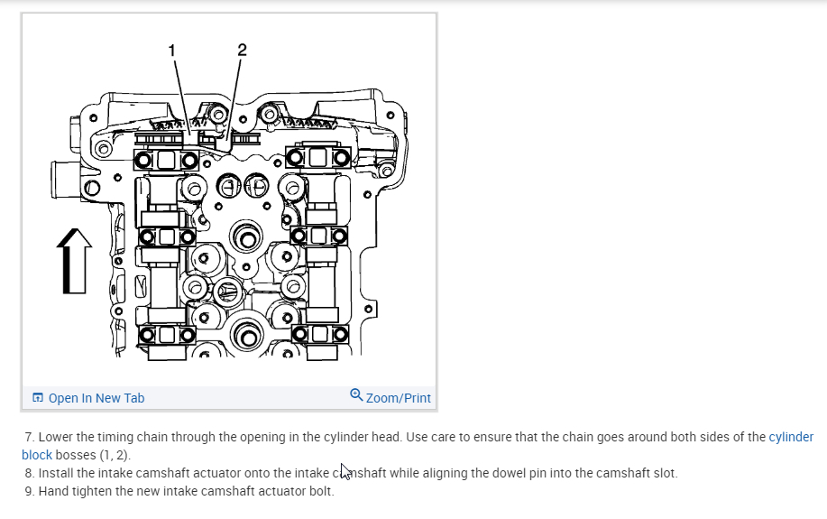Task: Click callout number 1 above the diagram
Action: (172, 50)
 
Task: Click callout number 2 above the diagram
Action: (242, 50)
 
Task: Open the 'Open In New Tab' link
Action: (96, 398)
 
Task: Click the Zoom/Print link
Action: (398, 398)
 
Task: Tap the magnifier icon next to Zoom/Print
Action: (356, 395)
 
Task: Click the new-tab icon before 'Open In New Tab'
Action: (38, 398)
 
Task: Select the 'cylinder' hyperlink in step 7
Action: (791, 437)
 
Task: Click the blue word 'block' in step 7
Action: (37, 455)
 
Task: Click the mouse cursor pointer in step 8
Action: (345, 471)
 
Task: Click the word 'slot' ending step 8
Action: (663, 473)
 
